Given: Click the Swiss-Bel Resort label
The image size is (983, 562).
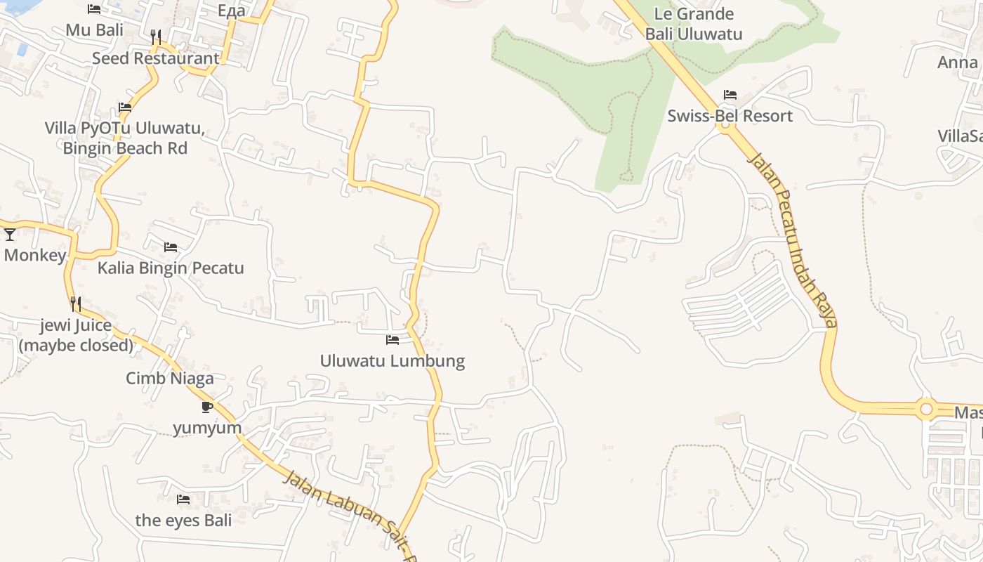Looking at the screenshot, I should coord(730,116).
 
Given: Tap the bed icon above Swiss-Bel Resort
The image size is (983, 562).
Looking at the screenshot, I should coord(730,95).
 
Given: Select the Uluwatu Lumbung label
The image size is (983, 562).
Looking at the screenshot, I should coord(392,361).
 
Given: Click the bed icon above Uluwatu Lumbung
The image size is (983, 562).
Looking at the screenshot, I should coord(392,340).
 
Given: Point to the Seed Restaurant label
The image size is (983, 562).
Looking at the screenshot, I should coord(156,58).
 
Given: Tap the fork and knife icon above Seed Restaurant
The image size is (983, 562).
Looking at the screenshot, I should coord(156,37).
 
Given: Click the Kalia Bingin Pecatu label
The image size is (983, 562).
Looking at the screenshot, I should coord(171,268).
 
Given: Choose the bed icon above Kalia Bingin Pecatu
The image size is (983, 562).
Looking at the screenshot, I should coord(171,247).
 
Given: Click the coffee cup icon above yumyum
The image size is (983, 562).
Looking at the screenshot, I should coord(206,407).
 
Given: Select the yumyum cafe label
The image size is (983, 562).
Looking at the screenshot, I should coord(207,428).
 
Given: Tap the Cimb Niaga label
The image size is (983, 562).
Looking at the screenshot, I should coord(170,379).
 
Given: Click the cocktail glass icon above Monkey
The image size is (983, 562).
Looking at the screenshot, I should coord(10,235).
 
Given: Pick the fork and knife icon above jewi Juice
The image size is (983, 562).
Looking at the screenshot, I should coord(76,304).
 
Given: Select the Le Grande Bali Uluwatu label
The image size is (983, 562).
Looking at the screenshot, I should coord(694,24).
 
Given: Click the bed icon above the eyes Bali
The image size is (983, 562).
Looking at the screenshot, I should coord(183,499).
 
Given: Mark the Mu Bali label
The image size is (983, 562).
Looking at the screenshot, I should coord(94,30).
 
